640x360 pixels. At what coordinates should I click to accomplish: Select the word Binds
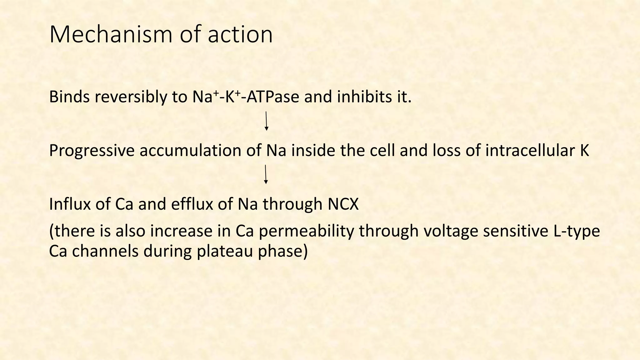tap(69, 97)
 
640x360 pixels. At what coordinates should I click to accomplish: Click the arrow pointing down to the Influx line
tap(266, 174)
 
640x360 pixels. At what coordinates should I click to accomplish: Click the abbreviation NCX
tap(343, 204)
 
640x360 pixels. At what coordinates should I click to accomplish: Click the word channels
tap(105, 251)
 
